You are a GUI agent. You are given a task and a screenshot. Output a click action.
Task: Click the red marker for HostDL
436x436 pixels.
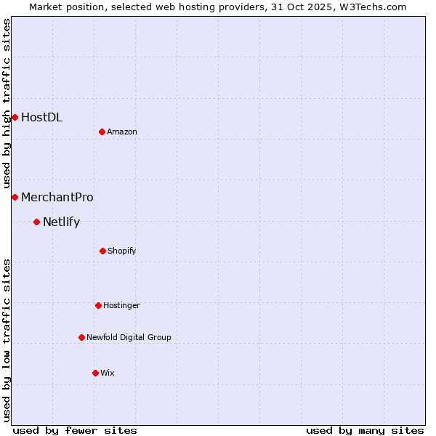(15, 117)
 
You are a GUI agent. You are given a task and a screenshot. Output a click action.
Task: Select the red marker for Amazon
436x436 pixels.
(102, 132)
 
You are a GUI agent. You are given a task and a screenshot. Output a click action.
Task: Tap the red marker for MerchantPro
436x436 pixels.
(15, 197)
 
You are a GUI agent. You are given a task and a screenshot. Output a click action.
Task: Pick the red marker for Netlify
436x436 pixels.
(36, 222)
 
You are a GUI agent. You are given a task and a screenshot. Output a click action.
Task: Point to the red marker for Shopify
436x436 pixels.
(102, 251)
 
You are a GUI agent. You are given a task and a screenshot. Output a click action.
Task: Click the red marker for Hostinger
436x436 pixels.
(98, 305)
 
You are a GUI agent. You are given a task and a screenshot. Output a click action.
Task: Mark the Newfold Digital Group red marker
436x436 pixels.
(81, 337)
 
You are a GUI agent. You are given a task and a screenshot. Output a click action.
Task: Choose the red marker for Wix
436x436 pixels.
(95, 373)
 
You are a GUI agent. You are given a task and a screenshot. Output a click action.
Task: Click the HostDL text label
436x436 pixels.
(41, 117)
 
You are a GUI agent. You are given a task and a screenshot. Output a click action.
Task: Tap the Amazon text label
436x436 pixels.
(122, 132)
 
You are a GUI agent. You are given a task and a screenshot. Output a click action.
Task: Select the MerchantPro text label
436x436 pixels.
(57, 197)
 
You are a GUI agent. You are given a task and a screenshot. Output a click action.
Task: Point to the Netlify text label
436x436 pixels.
(61, 222)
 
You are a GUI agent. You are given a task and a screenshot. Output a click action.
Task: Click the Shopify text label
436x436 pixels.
(122, 251)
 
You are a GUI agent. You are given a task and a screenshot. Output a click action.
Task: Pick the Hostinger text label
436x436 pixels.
(121, 305)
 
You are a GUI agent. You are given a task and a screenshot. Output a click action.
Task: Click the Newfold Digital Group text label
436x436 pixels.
(129, 337)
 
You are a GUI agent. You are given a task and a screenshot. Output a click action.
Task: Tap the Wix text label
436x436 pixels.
(108, 373)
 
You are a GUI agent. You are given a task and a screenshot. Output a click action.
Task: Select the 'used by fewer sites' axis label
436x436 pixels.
(75, 430)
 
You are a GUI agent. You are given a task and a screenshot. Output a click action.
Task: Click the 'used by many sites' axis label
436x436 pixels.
(365, 430)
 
